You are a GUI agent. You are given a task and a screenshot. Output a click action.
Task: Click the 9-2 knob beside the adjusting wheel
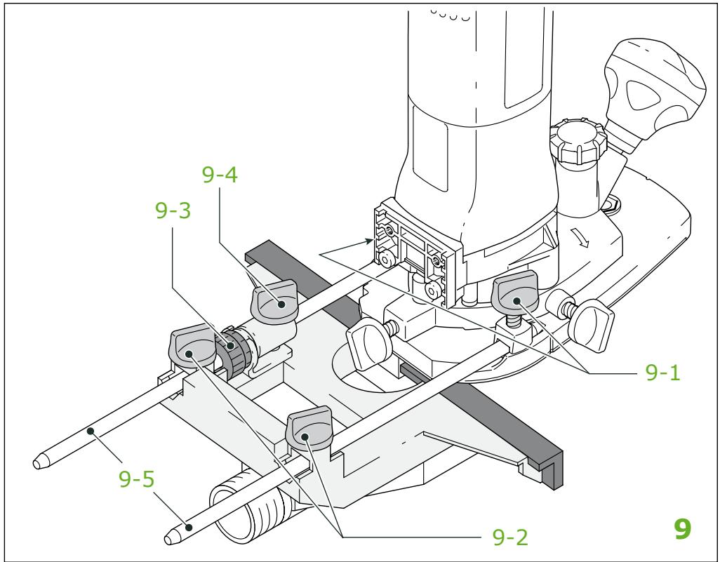click(x=192, y=348)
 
